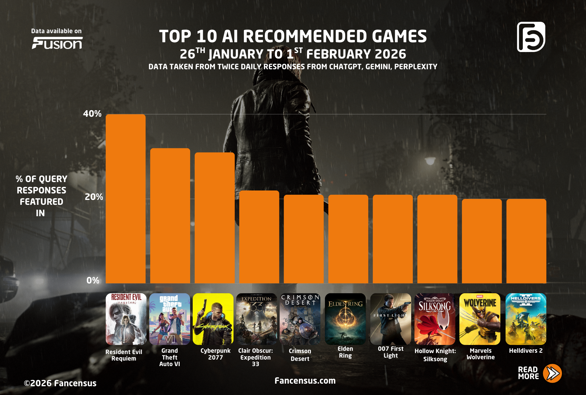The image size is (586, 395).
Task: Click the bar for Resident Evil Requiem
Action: pos(125,199)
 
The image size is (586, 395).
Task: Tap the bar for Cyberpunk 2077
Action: pos(215,218)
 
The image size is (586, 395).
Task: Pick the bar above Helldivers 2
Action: pos(526,241)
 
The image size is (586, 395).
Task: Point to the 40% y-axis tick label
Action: pos(92,114)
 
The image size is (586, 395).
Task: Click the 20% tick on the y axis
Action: pos(94,197)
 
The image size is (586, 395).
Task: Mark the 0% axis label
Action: pos(93,280)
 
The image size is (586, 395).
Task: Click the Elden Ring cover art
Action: pos(345,319)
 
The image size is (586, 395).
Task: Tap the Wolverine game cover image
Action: pos(480,319)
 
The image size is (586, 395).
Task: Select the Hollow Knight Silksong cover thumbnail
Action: pos(435,319)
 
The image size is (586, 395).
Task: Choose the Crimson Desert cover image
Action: pos(300,319)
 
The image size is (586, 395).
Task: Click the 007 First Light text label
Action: pos(390,352)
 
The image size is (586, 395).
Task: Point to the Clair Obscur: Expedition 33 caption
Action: pos(256,357)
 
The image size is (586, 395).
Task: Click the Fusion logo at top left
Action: pos(57,43)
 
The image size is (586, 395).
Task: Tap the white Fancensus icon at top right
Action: pos(531,37)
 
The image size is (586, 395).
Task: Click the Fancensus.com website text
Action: pos(305,381)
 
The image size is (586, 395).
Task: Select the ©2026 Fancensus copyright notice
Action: pos(60,383)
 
